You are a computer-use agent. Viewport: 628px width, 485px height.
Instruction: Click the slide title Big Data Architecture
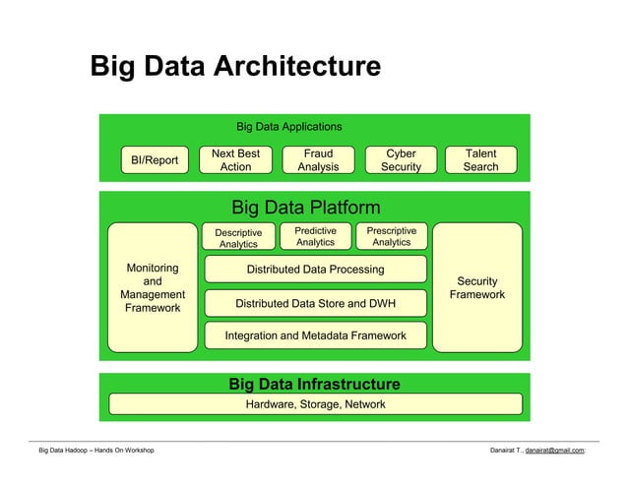point(234,67)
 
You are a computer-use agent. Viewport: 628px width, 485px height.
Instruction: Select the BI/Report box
point(154,160)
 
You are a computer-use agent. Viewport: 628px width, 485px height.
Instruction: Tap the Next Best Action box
point(235,160)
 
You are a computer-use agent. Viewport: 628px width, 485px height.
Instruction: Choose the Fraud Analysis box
point(318,160)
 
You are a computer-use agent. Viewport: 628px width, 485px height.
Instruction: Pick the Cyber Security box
point(401,160)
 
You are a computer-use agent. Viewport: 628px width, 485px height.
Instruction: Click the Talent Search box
point(480,160)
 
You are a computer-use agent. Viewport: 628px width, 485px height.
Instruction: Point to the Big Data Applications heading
point(288,127)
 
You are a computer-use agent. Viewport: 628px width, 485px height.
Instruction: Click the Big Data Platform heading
point(305,208)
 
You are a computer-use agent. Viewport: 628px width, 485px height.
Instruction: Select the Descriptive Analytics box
point(238,238)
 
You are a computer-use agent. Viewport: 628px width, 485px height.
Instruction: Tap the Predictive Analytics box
point(315,236)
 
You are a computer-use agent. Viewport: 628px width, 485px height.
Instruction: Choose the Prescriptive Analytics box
point(391,236)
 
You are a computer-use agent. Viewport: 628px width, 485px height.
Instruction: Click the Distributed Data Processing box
point(315,270)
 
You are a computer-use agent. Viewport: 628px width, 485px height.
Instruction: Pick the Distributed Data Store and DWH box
point(315,303)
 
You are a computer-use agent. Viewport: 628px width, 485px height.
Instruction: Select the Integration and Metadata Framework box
point(315,335)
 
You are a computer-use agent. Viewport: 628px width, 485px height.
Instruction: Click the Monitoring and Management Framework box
point(153,287)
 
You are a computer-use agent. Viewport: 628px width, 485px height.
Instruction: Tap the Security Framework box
point(476,287)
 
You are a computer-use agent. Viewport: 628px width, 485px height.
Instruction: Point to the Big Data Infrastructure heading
point(314,384)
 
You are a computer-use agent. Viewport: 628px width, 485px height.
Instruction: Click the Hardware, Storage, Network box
point(315,404)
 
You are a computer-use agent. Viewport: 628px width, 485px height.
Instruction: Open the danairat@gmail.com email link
point(554,451)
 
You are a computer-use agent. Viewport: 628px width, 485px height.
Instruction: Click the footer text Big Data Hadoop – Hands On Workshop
point(95,451)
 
